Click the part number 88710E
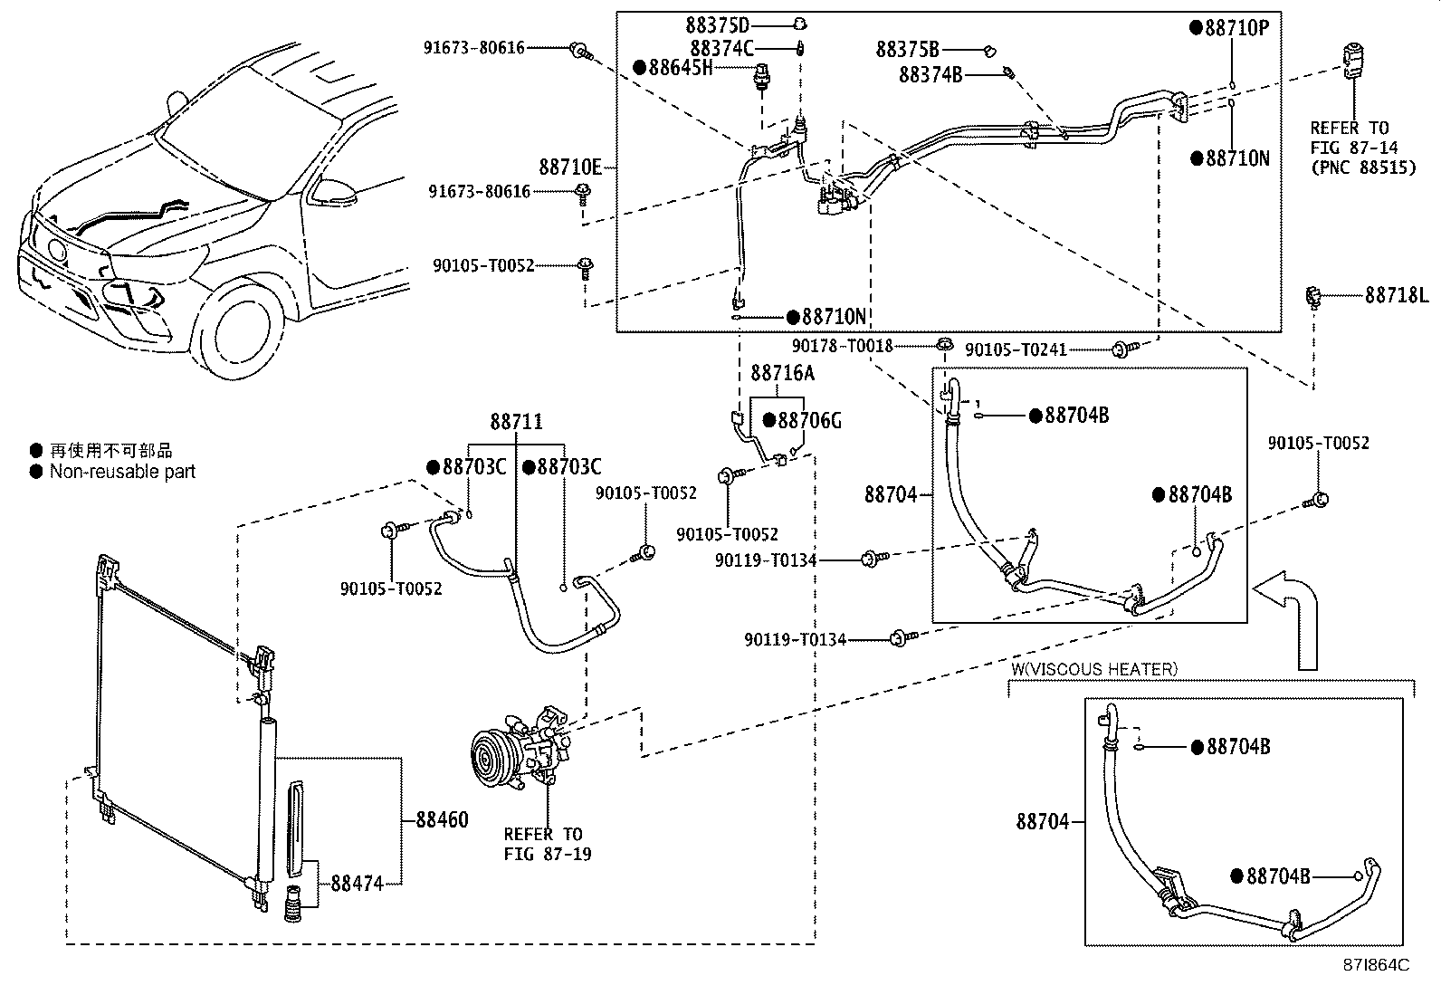pos(570,167)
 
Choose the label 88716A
pos(782,373)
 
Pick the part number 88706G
pos(809,421)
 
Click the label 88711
pos(517,422)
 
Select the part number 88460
pos(442,820)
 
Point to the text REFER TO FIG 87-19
pos(543,844)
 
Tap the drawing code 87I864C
pos(1376,965)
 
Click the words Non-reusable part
pos(122,472)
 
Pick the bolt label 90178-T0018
pos(842,346)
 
